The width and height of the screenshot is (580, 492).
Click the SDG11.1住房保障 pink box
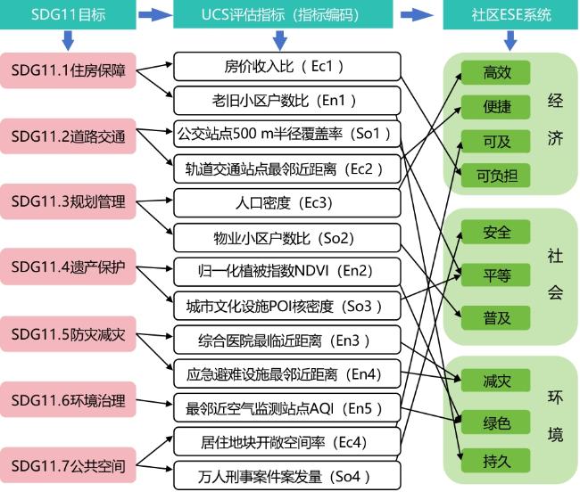tap(68, 70)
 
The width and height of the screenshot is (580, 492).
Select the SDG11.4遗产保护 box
tap(68, 266)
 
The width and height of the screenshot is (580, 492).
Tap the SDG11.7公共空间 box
tap(68, 465)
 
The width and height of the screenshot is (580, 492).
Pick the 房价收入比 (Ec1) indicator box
tap(287, 67)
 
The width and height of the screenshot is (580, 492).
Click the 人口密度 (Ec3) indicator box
tap(287, 203)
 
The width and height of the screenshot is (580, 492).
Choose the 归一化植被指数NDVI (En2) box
tap(287, 272)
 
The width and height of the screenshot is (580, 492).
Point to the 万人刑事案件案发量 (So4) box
tap(287, 476)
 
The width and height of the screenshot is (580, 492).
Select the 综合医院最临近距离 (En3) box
tap(287, 340)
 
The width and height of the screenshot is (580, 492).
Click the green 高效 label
tap(495, 72)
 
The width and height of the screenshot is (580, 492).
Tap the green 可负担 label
tap(495, 176)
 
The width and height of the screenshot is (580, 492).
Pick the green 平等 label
tap(495, 275)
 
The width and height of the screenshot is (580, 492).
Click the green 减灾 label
tap(495, 381)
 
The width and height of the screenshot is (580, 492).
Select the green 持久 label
tap(495, 461)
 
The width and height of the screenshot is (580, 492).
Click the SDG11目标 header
tap(68, 14)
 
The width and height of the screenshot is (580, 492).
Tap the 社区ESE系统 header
tap(510, 14)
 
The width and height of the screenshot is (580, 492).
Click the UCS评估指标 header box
tap(283, 14)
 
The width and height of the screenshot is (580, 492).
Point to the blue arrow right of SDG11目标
tap(155, 15)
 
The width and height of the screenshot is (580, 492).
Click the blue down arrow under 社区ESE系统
tap(510, 41)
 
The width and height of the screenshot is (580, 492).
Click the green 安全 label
tap(495, 232)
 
